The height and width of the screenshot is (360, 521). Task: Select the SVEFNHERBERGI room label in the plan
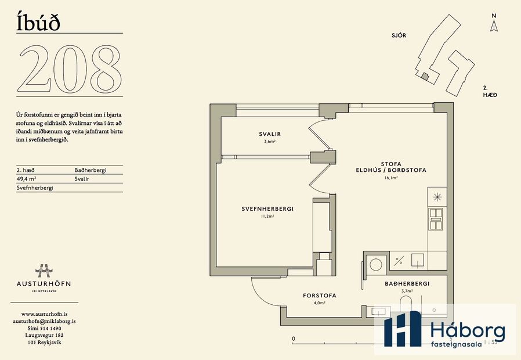(x=267, y=209)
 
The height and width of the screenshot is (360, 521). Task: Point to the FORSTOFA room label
(x=319, y=296)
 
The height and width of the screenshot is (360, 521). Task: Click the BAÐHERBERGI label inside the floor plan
(x=407, y=283)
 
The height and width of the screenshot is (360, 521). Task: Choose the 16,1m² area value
(x=390, y=178)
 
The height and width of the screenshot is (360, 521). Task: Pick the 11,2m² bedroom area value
(x=267, y=216)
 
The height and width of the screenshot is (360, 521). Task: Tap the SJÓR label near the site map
(x=399, y=35)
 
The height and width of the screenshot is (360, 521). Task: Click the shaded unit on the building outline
(x=425, y=76)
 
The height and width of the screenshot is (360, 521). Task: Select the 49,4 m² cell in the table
(x=27, y=179)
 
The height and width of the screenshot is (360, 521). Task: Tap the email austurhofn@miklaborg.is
(x=45, y=321)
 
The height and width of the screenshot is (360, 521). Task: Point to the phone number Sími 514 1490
(x=45, y=328)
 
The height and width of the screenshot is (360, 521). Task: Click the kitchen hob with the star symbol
(x=436, y=196)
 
